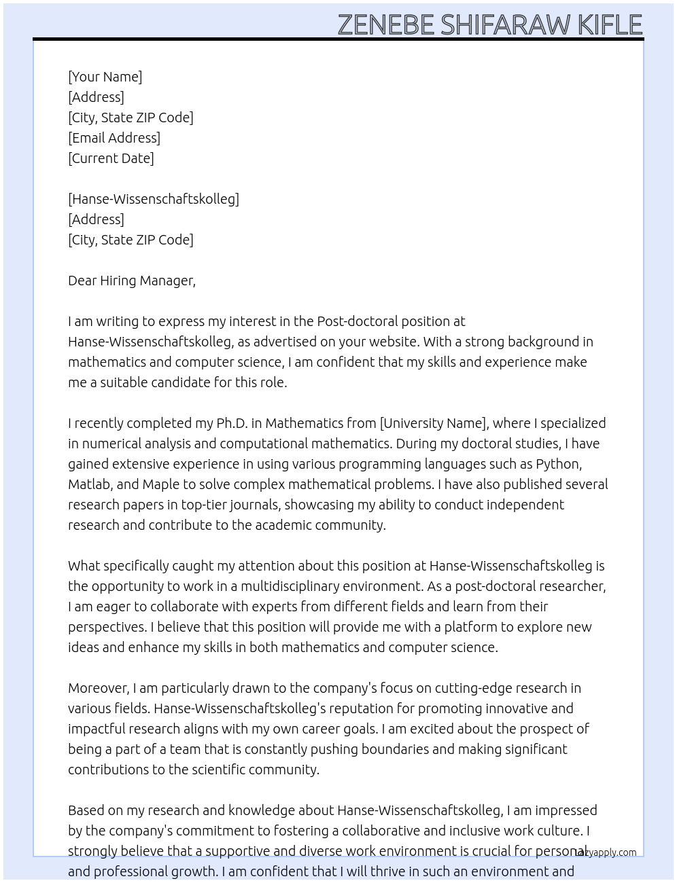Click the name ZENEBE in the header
tap(385, 25)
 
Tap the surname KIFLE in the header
tap(610, 25)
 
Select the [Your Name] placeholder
tap(105, 77)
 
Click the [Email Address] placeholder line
tap(114, 138)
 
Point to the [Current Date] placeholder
tap(111, 158)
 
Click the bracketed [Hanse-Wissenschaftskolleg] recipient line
tap(154, 199)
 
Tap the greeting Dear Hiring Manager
tap(131, 281)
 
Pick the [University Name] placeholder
tap(434, 423)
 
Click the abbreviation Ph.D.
tap(232, 423)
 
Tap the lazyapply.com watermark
tap(606, 852)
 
